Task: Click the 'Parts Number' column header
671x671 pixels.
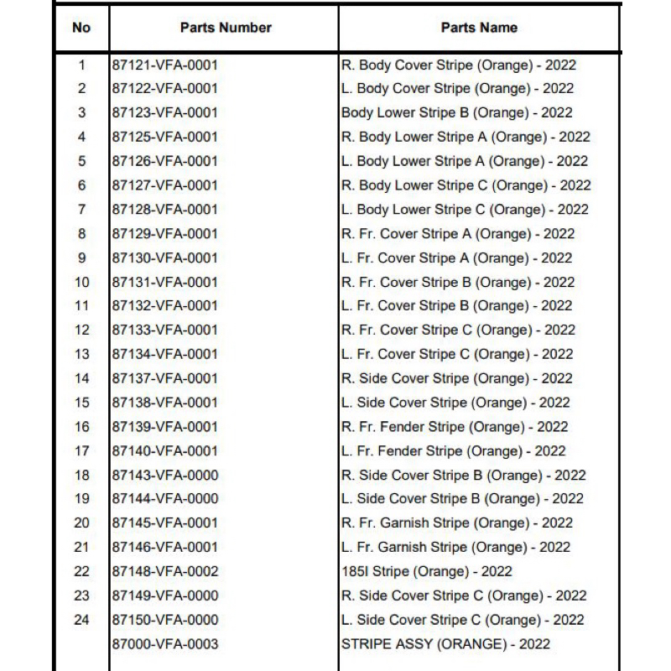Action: tap(226, 28)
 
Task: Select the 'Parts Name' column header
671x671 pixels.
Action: tap(479, 28)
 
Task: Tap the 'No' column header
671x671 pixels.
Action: tap(81, 28)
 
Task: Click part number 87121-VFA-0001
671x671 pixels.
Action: tap(165, 65)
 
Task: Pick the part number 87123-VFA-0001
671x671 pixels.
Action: tap(165, 112)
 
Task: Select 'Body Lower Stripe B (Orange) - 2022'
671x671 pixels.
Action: tap(457, 112)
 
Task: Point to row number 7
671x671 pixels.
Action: tap(81, 209)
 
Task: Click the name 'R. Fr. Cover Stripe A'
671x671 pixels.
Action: tap(458, 233)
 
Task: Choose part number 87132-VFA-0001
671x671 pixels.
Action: tap(165, 305)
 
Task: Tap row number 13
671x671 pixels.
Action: tap(81, 354)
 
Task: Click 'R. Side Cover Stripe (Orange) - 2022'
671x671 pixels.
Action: tap(457, 378)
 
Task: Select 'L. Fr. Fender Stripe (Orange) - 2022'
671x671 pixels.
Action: tap(454, 450)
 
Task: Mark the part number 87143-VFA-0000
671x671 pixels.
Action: tap(165, 475)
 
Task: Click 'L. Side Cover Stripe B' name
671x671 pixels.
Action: tap(462, 498)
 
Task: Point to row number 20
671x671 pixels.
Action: tap(81, 523)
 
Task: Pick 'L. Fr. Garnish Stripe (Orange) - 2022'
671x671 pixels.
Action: tap(455, 547)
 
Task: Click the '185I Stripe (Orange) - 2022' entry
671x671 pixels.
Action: tap(427, 571)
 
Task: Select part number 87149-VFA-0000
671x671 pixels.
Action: tap(165, 596)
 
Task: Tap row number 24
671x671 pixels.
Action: tap(81, 620)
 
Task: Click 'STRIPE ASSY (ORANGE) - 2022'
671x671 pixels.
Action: tap(445, 643)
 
